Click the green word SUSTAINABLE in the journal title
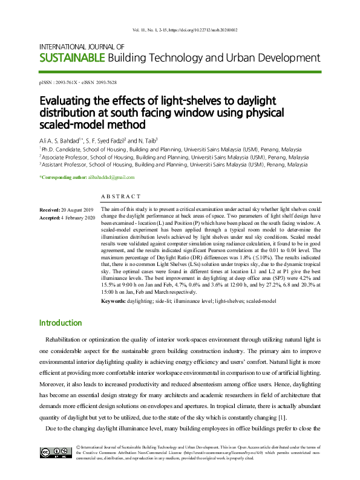pos(71,59)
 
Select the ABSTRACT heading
pos(120,196)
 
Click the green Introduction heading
pos(61,323)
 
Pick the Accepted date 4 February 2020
pos(78,217)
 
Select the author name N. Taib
pos(145,139)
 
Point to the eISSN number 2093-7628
pos(110,82)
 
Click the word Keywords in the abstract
pos(114,301)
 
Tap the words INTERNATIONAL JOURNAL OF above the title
pos(82,47)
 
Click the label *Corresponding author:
pos(61,177)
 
